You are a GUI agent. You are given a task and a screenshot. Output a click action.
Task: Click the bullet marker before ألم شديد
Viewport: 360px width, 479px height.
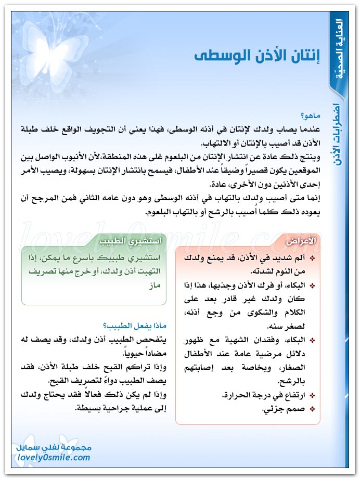point(312,258)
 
